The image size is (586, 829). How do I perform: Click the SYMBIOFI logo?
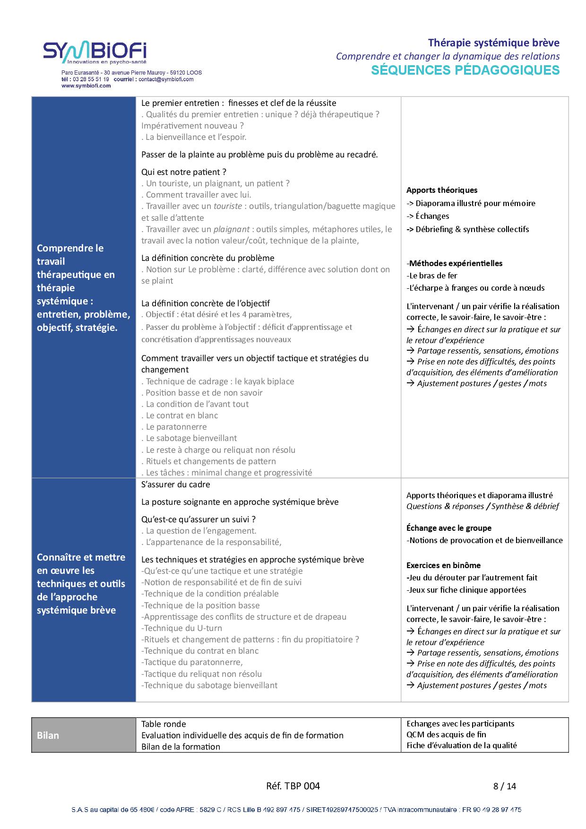tap(95, 53)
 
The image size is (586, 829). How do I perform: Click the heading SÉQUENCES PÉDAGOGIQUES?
tap(465, 70)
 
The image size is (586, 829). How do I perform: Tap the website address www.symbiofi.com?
tap(86, 86)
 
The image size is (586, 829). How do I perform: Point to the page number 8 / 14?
tap(505, 786)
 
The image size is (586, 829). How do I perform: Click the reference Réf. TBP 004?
tap(293, 786)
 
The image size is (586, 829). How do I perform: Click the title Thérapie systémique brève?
tap(493, 43)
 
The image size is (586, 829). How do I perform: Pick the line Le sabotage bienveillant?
tap(190, 438)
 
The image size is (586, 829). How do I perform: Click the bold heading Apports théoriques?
tap(442, 190)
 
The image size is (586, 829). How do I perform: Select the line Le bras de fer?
tap(432, 276)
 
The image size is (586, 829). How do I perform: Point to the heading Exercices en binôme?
tap(443, 565)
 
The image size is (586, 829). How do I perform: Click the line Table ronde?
tap(164, 724)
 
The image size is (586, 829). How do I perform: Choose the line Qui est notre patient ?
tap(184, 172)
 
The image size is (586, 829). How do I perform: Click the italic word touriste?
tap(228, 206)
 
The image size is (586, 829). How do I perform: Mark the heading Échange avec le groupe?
tap(449, 528)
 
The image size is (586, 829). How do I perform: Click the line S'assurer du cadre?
tap(176, 484)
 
